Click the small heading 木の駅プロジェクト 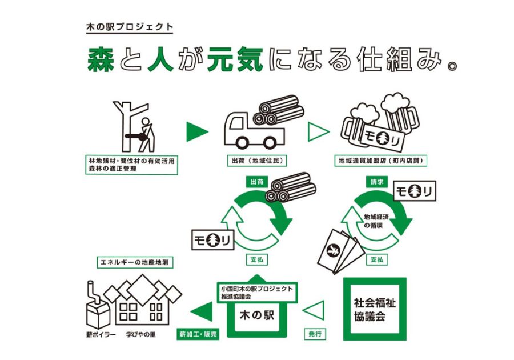(x=130, y=27)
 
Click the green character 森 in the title (x=101, y=59)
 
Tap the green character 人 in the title (x=160, y=59)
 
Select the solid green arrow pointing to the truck (x=197, y=132)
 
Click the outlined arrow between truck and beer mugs (x=318, y=132)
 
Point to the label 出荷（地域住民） (x=257, y=161)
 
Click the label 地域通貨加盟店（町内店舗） (x=380, y=161)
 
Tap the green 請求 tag (x=377, y=182)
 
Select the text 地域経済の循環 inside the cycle (x=376, y=221)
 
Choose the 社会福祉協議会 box (x=375, y=309)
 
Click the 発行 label (x=315, y=334)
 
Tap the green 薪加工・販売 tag (x=198, y=334)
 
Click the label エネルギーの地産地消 (x=134, y=262)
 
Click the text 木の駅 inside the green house (x=256, y=315)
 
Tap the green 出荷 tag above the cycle (x=256, y=182)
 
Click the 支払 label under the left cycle (x=256, y=259)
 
